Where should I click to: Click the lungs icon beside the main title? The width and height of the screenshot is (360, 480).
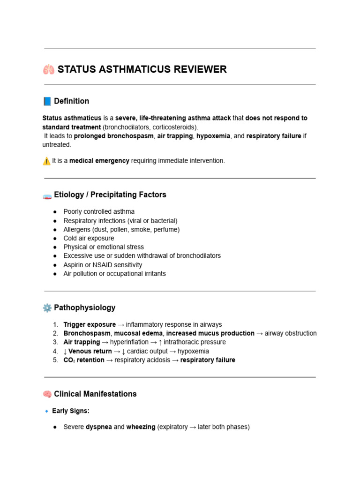pyautogui.click(x=48, y=70)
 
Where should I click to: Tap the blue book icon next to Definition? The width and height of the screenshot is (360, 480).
pyautogui.click(x=47, y=101)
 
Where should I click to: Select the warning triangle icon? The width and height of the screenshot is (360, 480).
pyautogui.click(x=46, y=161)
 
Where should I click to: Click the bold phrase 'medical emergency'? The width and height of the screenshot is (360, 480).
pyautogui.click(x=99, y=161)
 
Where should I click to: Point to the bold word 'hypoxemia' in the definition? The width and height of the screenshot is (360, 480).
pyautogui.click(x=213, y=136)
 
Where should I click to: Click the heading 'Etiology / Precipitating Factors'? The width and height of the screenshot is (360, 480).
pyautogui.click(x=110, y=195)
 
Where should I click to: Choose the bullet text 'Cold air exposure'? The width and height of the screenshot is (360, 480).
pyautogui.click(x=89, y=238)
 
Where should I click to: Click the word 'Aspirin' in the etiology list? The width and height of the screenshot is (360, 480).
pyautogui.click(x=74, y=265)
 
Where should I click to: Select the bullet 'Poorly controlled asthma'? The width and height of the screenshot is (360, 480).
pyautogui.click(x=99, y=212)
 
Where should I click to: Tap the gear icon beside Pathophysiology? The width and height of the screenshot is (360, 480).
pyautogui.click(x=47, y=308)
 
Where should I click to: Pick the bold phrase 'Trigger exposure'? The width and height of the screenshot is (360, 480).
pyautogui.click(x=90, y=324)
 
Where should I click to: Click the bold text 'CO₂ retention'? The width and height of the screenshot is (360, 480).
pyautogui.click(x=84, y=360)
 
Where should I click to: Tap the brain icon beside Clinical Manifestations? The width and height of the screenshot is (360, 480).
pyautogui.click(x=47, y=394)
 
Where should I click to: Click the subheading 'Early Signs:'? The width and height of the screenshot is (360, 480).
pyautogui.click(x=71, y=411)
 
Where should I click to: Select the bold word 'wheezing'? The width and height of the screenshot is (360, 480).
pyautogui.click(x=141, y=427)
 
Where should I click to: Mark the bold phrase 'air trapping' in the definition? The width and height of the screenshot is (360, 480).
pyautogui.click(x=175, y=136)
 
